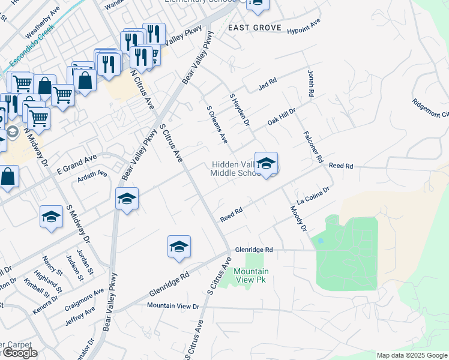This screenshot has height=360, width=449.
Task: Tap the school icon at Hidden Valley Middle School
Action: click(x=266, y=163)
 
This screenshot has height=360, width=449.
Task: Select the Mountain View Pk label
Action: click(x=250, y=275)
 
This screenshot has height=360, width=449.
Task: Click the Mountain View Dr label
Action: click(x=173, y=306)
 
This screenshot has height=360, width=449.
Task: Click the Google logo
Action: click(x=19, y=353)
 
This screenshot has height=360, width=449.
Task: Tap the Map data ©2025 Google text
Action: click(x=411, y=355)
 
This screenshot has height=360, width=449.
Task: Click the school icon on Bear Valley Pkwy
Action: click(x=127, y=200)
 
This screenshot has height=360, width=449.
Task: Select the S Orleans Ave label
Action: click(x=217, y=125)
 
